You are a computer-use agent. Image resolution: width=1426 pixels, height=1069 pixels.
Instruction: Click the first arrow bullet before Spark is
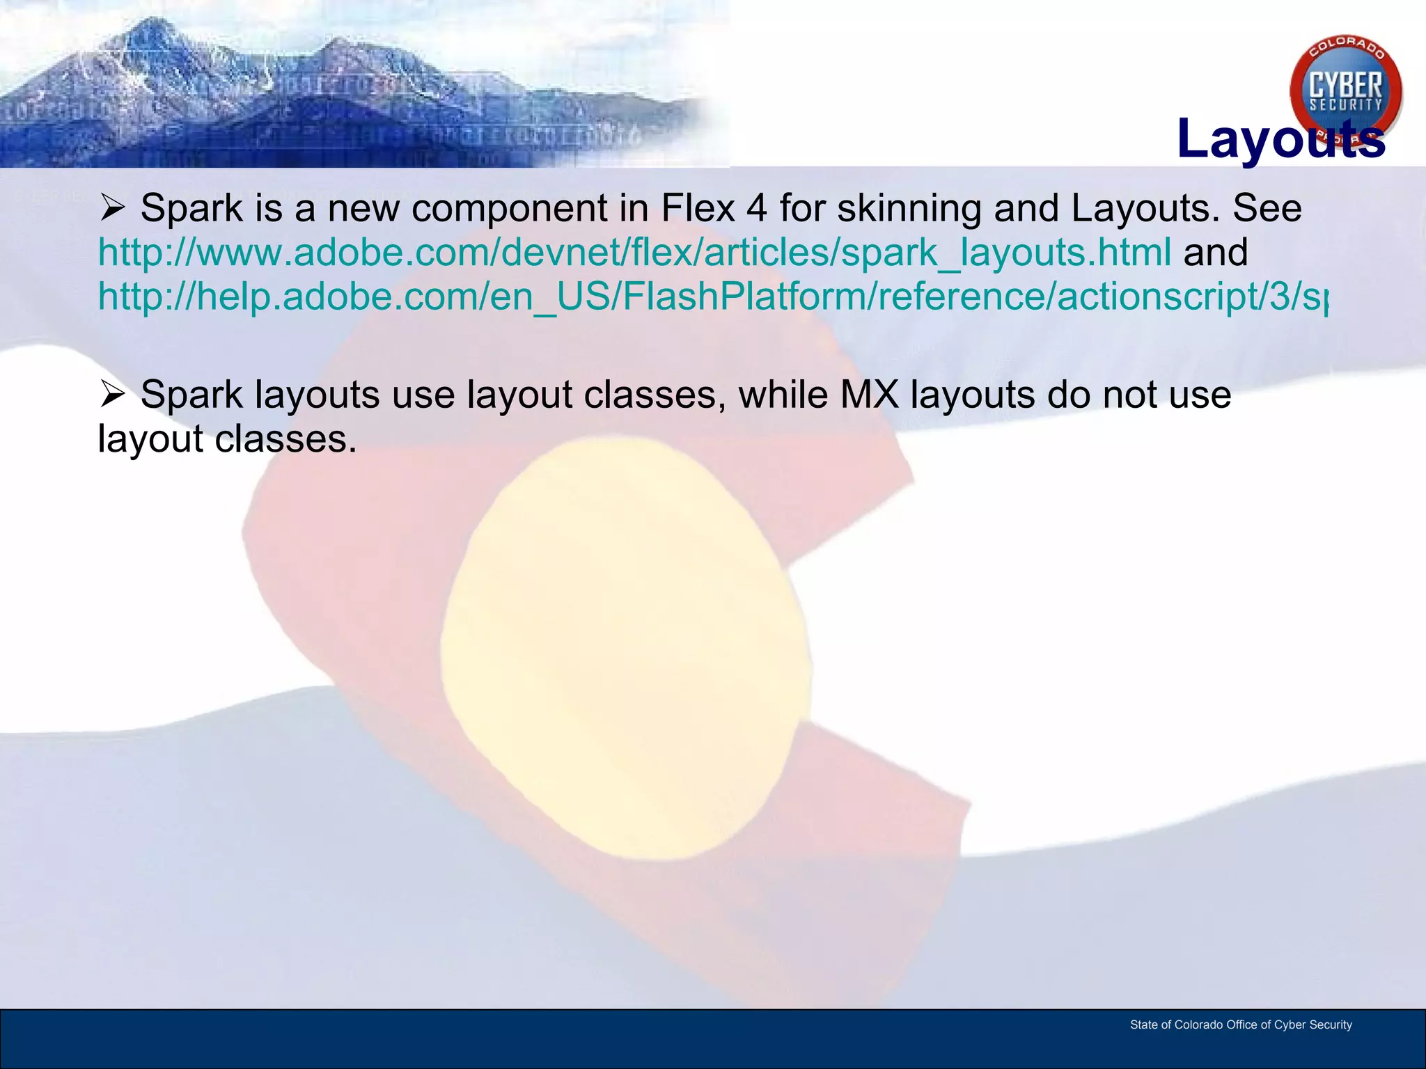112,207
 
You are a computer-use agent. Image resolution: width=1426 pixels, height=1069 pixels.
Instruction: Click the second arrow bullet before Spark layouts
112,395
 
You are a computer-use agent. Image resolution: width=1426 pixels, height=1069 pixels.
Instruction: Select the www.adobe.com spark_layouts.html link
634,253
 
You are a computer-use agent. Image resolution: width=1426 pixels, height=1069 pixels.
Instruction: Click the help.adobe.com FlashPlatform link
710,297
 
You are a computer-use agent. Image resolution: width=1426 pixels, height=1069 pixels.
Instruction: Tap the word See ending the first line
1267,208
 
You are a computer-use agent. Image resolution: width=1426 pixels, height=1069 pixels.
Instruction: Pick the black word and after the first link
1215,253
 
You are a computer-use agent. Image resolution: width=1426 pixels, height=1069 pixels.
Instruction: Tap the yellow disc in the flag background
627,647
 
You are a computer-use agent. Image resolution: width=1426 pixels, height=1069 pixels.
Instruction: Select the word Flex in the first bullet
698,208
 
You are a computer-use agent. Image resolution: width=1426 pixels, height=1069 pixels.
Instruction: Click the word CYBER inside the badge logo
1345,85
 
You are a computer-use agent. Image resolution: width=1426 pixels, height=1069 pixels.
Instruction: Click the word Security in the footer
1331,1024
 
